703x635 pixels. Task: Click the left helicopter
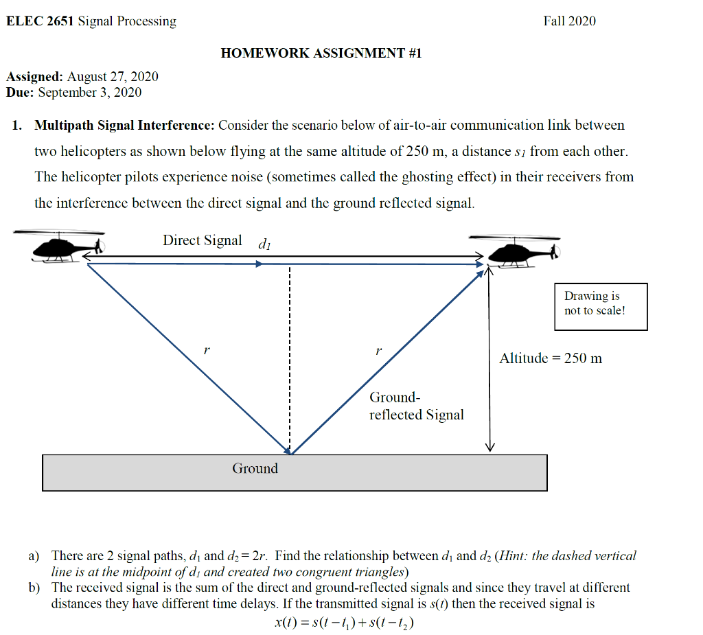click(66, 248)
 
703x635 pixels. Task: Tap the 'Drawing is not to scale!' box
click(600, 306)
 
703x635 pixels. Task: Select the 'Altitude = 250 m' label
click(551, 358)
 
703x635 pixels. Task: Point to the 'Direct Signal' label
click(202, 240)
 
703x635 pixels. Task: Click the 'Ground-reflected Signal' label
click(416, 406)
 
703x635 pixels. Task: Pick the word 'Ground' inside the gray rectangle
click(255, 469)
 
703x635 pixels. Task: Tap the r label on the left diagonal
click(206, 350)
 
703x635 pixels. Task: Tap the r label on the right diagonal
click(378, 350)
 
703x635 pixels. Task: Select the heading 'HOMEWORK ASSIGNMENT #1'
click(321, 53)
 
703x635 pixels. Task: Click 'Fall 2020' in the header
click(569, 21)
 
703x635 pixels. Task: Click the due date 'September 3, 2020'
click(90, 93)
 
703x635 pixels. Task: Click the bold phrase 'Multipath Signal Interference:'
click(125, 126)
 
